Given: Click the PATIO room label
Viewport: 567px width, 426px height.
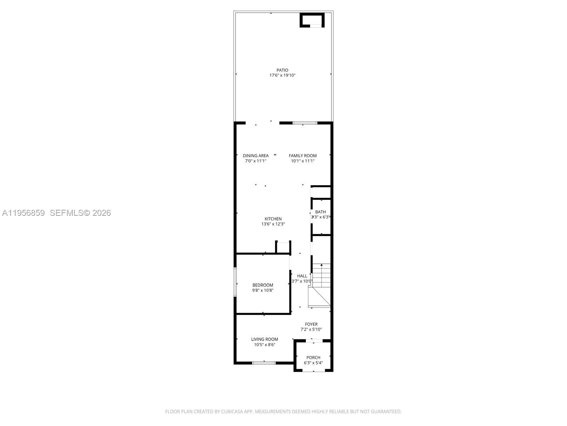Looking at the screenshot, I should (282, 70).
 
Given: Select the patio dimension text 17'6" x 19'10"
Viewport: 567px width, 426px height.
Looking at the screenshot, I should (282, 75).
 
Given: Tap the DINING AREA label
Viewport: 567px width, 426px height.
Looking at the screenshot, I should (256, 155).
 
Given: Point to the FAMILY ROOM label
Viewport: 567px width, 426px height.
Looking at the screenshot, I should (303, 155).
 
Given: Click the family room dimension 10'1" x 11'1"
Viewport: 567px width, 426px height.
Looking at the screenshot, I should (303, 161).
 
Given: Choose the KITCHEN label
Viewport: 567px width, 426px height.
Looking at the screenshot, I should (273, 219).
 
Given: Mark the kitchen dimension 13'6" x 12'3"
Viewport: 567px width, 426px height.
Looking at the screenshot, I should (273, 224).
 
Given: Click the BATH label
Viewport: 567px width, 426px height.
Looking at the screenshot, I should (320, 212).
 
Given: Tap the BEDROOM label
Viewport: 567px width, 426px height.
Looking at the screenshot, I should (263, 285).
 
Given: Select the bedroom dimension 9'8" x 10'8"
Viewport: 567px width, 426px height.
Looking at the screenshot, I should (263, 290).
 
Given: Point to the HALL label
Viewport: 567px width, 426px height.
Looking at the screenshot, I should (302, 276).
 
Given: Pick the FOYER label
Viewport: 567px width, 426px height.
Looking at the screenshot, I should (311, 324).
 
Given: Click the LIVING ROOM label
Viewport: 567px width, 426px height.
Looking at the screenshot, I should (265, 339).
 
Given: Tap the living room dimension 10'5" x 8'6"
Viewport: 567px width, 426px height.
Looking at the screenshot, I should (265, 345).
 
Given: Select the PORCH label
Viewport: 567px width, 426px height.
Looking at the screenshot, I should (313, 357).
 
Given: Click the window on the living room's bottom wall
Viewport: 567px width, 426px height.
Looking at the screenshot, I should (264, 363).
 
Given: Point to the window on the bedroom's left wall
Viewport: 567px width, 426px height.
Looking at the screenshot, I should (235, 282).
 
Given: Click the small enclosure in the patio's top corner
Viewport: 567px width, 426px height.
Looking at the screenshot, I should (312, 20).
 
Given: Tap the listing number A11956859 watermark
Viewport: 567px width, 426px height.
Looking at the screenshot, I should (23, 213).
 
